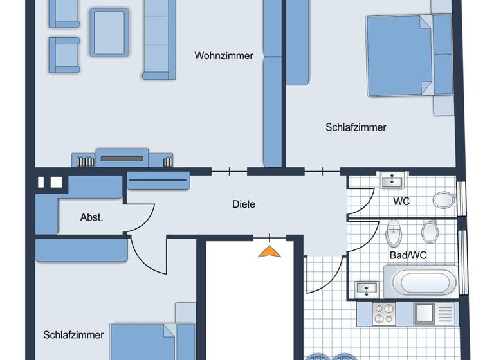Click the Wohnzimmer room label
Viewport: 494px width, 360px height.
224,56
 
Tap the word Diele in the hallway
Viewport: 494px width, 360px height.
244,204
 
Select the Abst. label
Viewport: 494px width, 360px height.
91,217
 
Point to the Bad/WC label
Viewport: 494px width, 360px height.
408,255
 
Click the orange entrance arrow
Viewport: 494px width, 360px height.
270,251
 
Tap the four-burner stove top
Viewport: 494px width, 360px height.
385,314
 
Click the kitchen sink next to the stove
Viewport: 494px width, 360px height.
426,314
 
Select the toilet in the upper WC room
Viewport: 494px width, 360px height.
443,199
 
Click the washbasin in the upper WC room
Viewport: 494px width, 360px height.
390,181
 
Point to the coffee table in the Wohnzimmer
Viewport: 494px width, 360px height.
109,32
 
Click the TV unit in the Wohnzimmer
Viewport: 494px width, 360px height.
122,157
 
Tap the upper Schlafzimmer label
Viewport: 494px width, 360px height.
356,127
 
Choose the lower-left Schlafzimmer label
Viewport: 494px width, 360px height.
73,335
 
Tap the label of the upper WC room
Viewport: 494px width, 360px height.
401,202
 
